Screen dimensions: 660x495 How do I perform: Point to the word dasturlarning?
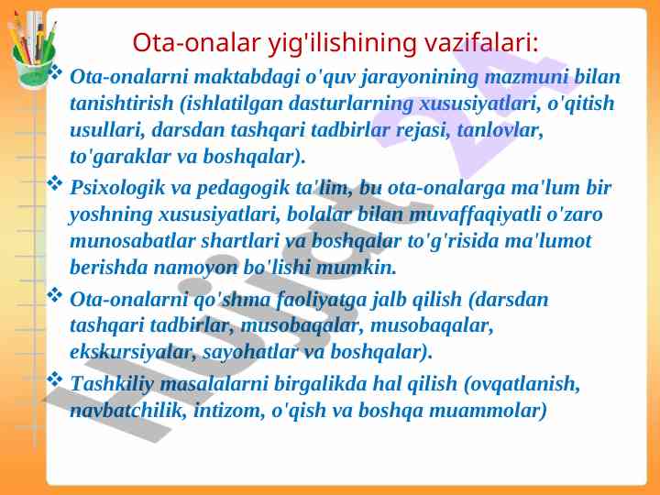pyautogui.click(x=350, y=104)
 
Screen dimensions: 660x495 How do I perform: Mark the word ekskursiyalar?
pyautogui.click(x=130, y=352)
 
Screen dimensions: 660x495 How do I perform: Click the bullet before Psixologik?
pyautogui.click(x=54, y=183)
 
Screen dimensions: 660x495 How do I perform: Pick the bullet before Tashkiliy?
pyautogui.click(x=54, y=379)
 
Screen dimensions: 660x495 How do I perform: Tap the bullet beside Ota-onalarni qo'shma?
pyautogui.click(x=54, y=294)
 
